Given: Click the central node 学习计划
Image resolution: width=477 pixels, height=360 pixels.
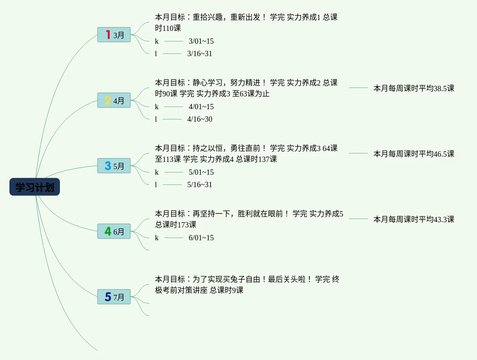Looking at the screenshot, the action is [35, 187].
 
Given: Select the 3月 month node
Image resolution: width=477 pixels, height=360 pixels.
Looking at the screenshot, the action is [114, 35].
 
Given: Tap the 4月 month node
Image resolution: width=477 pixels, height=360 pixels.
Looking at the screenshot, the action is [114, 100].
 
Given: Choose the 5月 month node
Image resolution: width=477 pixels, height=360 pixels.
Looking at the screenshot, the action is [114, 166].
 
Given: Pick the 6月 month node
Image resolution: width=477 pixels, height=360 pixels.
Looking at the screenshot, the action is [114, 231].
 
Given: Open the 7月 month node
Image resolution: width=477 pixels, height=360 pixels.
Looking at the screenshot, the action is [114, 297].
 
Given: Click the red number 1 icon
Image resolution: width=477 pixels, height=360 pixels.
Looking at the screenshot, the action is [108, 35].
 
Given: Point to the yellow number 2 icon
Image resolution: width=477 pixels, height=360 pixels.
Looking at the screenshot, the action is [108, 100].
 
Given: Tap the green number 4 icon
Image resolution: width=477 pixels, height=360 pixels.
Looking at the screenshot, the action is [108, 231].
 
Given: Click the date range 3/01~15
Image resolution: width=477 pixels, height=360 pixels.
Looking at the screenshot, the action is [201, 41].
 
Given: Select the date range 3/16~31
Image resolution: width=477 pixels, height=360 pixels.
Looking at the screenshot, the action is [199, 53].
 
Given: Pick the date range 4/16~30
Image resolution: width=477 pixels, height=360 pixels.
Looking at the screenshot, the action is [199, 119].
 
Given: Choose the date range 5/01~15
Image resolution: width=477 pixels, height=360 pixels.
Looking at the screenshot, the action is [201, 172].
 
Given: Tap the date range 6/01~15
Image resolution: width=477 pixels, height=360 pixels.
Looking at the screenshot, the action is [201, 238].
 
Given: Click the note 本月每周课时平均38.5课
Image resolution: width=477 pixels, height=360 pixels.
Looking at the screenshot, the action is [413, 88].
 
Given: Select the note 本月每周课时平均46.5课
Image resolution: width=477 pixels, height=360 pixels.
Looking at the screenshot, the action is [413, 154].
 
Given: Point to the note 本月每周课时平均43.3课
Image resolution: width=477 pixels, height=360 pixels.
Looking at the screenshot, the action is [413, 219].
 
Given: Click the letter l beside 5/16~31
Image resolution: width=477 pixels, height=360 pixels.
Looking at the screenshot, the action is [156, 185].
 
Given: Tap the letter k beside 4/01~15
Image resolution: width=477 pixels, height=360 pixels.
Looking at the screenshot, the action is [157, 107].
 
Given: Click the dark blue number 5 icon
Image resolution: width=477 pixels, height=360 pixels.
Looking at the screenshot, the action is [108, 297].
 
